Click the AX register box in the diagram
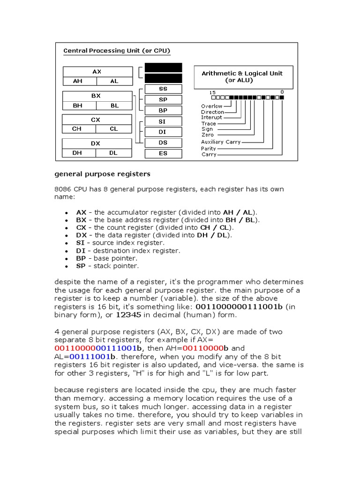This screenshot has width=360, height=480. coord(97,72)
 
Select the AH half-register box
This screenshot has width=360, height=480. coord(78,81)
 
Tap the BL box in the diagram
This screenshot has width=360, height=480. coord(114,105)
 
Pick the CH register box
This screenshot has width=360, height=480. coord(76,129)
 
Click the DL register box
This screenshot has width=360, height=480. coord(113,153)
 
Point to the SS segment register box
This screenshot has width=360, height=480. coord(163,89)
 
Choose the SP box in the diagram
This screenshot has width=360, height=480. coord(163,100)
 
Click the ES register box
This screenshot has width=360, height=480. coord(163,153)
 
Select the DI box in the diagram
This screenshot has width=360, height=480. coord(163,132)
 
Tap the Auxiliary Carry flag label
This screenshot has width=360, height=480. coord(221,142)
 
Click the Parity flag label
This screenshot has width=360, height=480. coord(209,149)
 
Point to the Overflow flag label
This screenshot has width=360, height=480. coord(212,106)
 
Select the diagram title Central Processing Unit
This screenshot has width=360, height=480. coord(117,50)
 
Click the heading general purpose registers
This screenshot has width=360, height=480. coord(102,174)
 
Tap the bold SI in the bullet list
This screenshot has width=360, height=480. coord(80,243)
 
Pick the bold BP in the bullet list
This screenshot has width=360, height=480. coord(81,258)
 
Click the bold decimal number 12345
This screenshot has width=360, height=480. coord(128,315)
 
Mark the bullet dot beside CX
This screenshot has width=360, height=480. coord(68,228)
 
